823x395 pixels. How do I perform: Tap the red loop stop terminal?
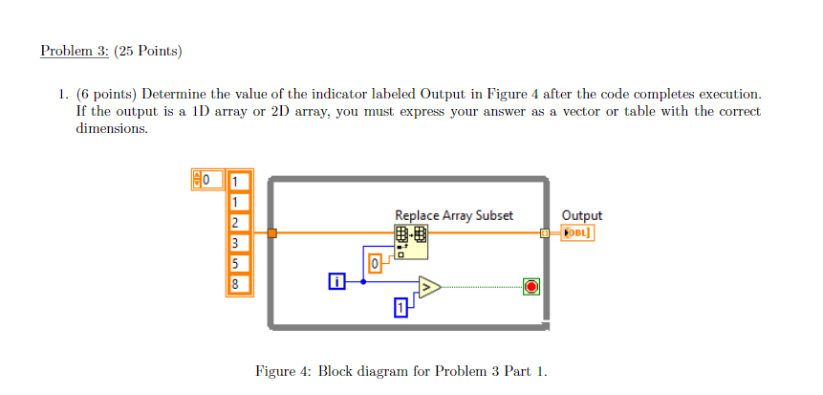click(531, 286)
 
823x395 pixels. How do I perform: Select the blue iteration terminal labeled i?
click(336, 281)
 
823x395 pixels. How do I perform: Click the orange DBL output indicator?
click(578, 232)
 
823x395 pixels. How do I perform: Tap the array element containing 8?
click(238, 284)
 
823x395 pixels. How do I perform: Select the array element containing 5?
click(238, 263)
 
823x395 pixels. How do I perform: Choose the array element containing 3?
click(238, 243)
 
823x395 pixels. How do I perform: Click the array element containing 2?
click(238, 223)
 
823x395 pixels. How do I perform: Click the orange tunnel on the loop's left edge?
click(272, 232)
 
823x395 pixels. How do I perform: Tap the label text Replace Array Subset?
click(453, 216)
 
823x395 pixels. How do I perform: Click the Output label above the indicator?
click(581, 216)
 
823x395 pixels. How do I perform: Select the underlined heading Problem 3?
click(75, 51)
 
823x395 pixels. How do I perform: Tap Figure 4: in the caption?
click(282, 371)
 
